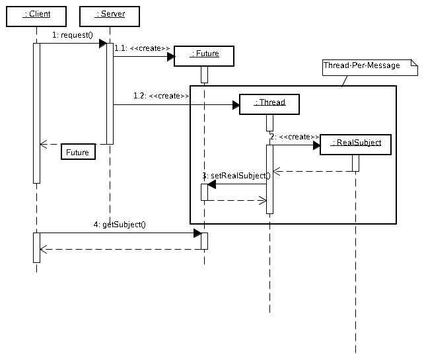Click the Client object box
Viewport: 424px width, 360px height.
36,14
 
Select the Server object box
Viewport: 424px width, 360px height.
110,14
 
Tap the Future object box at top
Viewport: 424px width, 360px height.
204,55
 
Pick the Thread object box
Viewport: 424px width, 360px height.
269,103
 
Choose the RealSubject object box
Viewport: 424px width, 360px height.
355,144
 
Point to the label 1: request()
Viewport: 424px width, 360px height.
73,34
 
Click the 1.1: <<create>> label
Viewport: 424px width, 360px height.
142,48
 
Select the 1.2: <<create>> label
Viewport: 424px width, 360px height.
161,96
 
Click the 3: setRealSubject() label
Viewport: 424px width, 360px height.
236,176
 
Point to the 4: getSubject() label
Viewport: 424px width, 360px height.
120,225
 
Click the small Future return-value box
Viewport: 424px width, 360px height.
77,153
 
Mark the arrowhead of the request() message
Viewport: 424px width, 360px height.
103,44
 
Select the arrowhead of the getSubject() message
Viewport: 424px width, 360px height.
197,233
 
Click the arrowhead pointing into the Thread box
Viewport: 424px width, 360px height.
235,104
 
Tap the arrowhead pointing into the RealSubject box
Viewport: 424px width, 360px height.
316,145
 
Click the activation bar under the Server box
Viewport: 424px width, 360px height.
110,93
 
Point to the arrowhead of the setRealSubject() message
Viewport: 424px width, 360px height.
212,184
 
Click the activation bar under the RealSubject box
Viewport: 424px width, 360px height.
355,162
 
